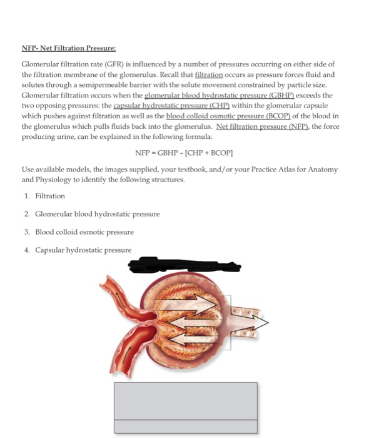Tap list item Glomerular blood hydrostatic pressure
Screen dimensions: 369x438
click(x=97, y=214)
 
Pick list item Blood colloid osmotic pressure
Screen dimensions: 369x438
click(x=84, y=232)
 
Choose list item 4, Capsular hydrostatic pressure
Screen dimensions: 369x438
click(x=83, y=250)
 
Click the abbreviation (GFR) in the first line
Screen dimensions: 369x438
click(x=99, y=64)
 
